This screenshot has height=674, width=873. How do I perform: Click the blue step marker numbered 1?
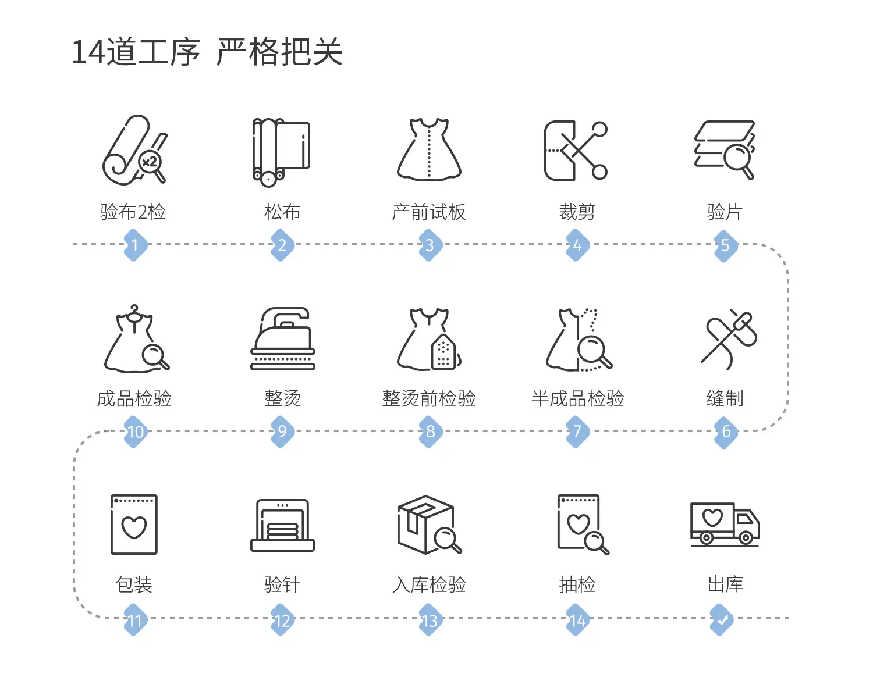[135, 245]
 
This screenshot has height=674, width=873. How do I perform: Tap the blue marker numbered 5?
[726, 245]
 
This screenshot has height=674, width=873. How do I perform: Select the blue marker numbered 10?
[135, 431]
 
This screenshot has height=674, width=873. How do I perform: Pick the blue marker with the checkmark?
[722, 620]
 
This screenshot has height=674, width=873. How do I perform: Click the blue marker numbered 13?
[430, 620]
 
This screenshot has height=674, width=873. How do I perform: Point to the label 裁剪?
[577, 212]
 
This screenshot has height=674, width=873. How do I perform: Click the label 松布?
[282, 212]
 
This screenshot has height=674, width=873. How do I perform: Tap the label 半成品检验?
[577, 398]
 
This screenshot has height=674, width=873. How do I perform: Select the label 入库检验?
[429, 584]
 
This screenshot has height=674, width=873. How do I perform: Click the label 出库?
[725, 584]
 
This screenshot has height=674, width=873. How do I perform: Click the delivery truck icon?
[725, 525]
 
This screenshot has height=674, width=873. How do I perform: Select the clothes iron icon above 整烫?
[282, 338]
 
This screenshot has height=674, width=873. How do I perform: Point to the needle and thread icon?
[729, 339]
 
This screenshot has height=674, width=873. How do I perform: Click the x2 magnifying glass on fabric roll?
[152, 165]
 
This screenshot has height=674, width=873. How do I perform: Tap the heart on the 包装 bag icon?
[134, 527]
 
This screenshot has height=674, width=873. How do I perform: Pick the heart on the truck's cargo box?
[712, 518]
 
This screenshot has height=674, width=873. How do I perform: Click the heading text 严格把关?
[279, 52]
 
